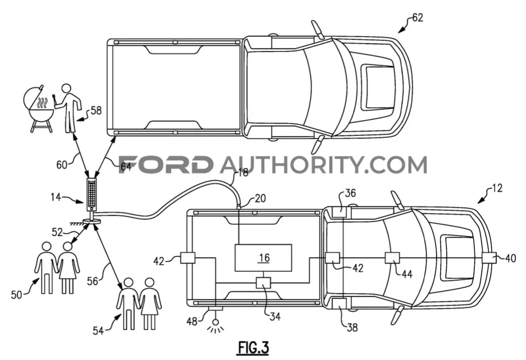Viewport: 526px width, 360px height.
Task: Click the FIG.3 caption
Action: (253, 347)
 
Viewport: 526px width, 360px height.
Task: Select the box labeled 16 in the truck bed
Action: (263, 258)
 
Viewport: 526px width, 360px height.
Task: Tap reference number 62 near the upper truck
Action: (417, 17)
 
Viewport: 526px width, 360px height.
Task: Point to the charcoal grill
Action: (38, 107)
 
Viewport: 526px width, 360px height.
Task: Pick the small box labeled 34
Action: (263, 283)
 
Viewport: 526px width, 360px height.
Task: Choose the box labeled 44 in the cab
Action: (392, 258)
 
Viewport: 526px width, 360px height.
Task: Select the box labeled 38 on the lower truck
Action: (340, 303)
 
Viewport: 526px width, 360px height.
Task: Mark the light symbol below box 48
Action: (216, 326)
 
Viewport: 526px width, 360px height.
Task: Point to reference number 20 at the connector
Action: (260, 198)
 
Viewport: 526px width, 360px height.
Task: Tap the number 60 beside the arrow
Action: (61, 164)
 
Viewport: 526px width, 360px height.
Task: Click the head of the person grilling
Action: (67, 89)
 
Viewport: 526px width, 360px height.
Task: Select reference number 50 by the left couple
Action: (16, 295)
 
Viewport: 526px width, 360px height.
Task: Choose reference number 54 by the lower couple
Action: (98, 331)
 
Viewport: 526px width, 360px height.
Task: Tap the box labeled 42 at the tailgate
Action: (188, 258)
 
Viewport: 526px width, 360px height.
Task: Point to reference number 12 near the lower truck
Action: (497, 188)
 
